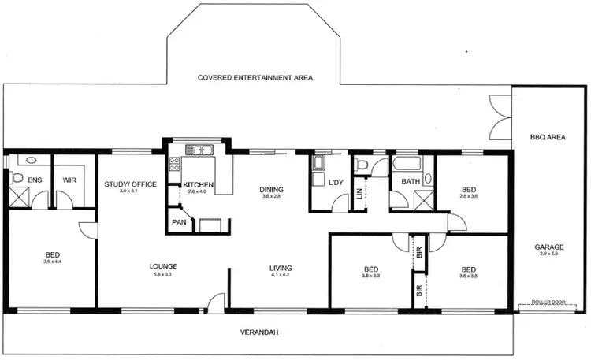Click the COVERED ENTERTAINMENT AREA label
[256, 78]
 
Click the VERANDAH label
[259, 332]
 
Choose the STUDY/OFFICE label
[131, 184]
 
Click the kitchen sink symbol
[195, 149]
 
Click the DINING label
[272, 189]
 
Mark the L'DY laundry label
[336, 183]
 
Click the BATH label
[411, 182]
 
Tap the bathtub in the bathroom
[407, 164]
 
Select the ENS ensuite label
[35, 180]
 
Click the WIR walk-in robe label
[69, 180]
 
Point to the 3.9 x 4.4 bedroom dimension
[53, 261]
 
